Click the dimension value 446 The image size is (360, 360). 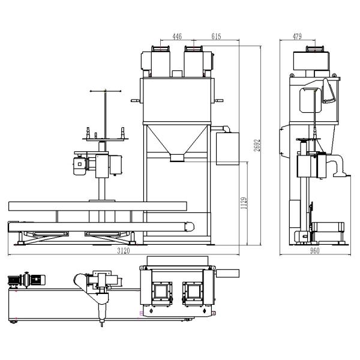coord(177,37)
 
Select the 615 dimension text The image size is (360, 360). coord(216,37)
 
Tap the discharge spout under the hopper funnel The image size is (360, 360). coord(177,158)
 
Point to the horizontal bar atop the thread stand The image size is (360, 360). coord(106,91)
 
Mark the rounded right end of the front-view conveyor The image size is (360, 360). coord(191,227)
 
